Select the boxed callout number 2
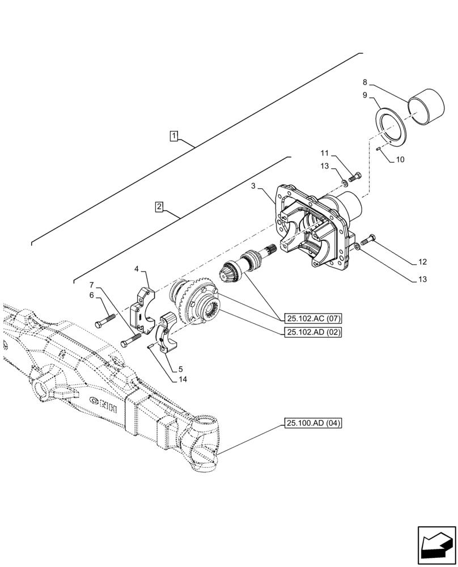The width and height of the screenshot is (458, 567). click(160, 206)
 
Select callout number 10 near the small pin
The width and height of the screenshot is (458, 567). click(400, 160)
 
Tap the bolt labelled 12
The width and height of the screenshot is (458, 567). click(368, 240)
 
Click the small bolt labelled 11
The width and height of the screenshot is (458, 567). click(355, 177)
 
